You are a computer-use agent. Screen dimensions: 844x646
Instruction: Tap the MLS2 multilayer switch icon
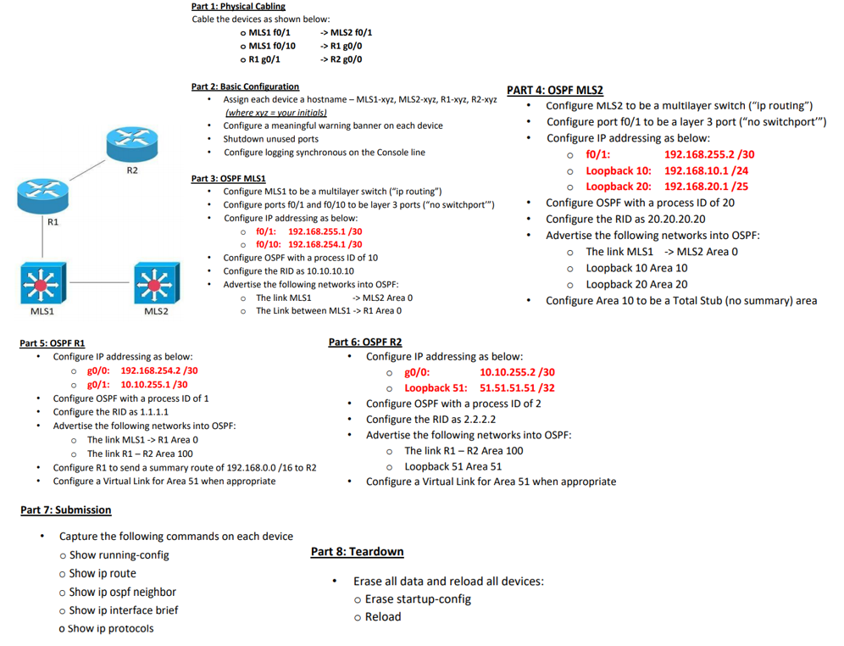point(155,283)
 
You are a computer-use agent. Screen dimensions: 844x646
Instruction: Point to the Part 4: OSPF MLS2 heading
point(554,90)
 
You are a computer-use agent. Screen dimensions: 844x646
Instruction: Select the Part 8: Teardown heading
point(357,552)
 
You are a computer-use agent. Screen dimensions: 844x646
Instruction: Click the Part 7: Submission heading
point(65,510)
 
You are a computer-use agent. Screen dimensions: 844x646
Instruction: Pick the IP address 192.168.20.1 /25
point(706,187)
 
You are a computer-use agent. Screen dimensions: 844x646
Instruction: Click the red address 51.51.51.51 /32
point(517,387)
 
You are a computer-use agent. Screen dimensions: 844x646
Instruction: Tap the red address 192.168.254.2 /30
point(159,370)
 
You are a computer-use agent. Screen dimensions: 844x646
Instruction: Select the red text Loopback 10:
point(619,170)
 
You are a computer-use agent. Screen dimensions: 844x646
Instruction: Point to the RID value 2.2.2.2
point(477,419)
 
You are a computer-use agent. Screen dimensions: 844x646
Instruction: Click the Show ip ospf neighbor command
point(123,592)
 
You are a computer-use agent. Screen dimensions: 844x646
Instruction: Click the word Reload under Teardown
point(383,616)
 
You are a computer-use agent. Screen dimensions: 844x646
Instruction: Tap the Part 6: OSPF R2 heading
point(364,342)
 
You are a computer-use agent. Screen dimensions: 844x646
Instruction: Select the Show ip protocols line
point(112,628)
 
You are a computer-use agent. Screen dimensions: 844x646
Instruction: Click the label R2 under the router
point(132,171)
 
